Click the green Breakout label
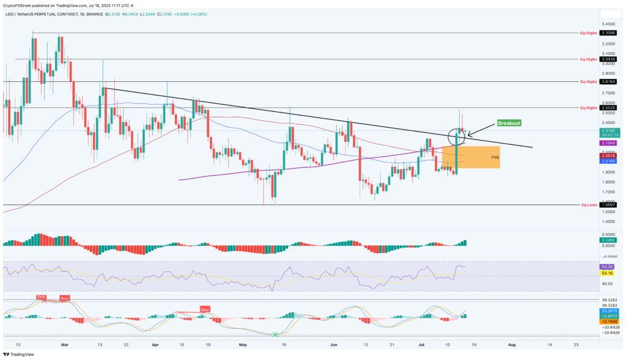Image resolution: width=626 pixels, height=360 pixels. point(509,123)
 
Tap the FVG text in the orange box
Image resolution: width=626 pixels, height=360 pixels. point(495,157)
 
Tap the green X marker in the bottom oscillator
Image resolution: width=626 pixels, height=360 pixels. point(275,334)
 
